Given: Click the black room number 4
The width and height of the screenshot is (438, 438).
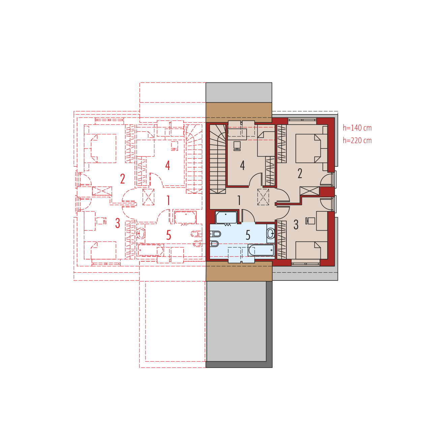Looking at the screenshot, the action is (243, 166).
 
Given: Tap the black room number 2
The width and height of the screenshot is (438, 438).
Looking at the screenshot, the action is (300, 173).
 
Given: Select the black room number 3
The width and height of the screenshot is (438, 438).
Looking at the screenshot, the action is (296, 225).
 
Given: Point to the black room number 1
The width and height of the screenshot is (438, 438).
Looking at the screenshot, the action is (239, 200).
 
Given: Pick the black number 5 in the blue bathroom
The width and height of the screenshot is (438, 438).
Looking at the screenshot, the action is (248, 235).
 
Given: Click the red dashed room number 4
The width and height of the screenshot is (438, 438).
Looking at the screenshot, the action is (168, 166).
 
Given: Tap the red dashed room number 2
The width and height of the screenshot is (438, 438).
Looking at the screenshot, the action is (123, 179).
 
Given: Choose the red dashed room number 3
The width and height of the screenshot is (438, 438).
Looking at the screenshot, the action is (118, 223).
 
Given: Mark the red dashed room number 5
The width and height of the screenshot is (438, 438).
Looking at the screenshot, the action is (168, 235).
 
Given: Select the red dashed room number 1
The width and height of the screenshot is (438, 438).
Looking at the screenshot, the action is (168, 200).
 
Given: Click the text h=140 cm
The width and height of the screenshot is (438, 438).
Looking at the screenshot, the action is (357, 128).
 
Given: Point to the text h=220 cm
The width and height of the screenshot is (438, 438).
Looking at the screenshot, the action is (357, 140).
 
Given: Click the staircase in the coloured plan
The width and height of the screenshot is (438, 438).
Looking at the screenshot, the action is (218, 159).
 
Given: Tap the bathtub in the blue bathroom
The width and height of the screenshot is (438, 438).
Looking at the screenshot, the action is (261, 250).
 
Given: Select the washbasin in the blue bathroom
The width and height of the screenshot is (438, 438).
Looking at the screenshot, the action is (271, 233).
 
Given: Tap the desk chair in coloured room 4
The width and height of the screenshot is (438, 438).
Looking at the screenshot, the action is (237, 146).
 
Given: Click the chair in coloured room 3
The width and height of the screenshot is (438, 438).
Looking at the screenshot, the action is (310, 221).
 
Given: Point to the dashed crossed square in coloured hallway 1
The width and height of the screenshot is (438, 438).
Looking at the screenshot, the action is (263, 197).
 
